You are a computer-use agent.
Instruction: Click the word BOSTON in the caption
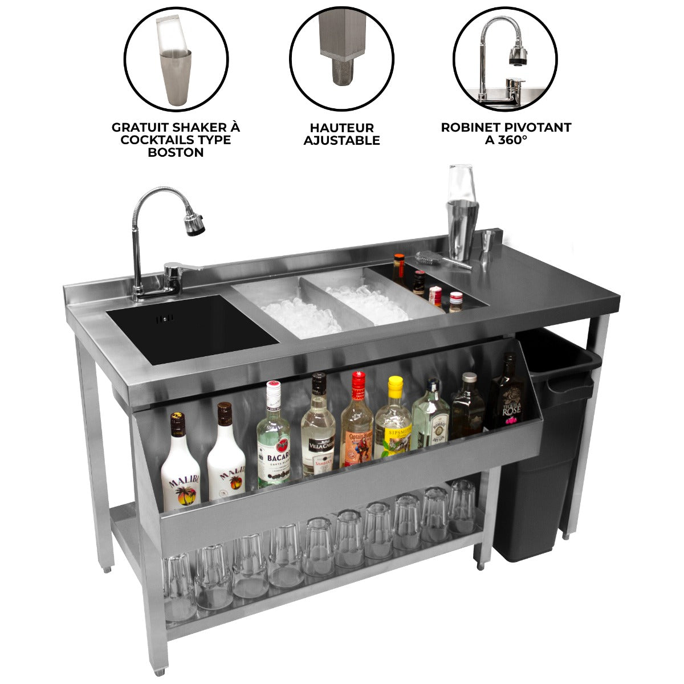(176, 152)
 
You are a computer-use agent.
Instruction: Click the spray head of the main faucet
(194, 223)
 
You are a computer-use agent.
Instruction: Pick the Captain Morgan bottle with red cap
(357, 425)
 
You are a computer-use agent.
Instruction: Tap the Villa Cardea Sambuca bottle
(318, 430)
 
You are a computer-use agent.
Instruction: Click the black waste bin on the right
(541, 456)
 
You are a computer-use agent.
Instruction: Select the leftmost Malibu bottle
(180, 467)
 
